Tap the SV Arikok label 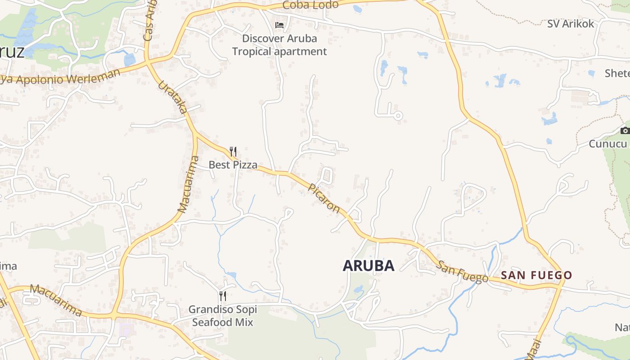pyautogui.click(x=571, y=24)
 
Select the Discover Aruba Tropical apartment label pyautogui.click(x=279, y=45)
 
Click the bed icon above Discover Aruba pyautogui.click(x=279, y=25)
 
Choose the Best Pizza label pyautogui.click(x=233, y=165)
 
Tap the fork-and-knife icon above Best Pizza pyautogui.click(x=233, y=152)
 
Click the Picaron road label pyautogui.click(x=324, y=198)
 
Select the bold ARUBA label pyautogui.click(x=369, y=265)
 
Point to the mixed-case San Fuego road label pyautogui.click(x=462, y=272)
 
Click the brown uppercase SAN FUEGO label pyautogui.click(x=536, y=275)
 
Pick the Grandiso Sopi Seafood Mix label pyautogui.click(x=223, y=316)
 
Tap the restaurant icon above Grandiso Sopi pyautogui.click(x=222, y=296)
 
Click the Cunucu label pyautogui.click(x=608, y=144)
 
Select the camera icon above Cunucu pyautogui.click(x=625, y=131)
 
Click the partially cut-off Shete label pyautogui.click(x=617, y=73)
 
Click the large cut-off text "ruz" pyautogui.click(x=12, y=52)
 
